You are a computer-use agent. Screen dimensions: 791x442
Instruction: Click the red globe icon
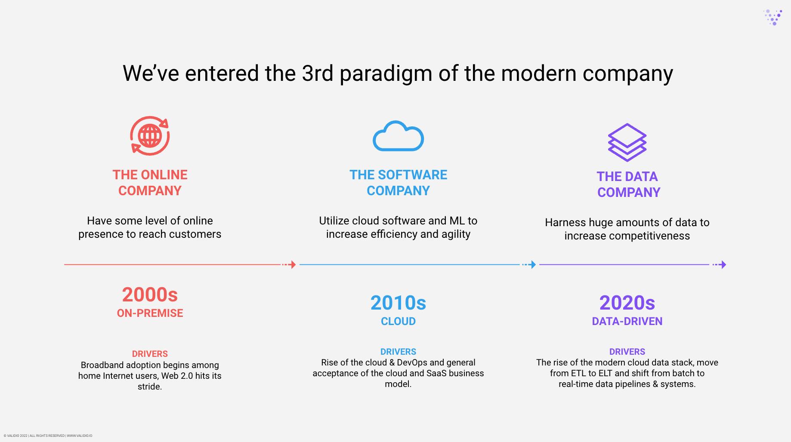click(x=150, y=136)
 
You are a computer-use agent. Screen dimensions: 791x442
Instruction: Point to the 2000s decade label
click(x=150, y=295)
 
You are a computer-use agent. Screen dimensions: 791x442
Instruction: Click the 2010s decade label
click(x=398, y=303)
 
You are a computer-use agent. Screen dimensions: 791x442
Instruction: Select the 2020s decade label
click(x=627, y=303)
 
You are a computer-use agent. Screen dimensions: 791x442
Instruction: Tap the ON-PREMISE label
click(x=150, y=313)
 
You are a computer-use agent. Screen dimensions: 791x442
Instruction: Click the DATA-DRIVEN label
click(x=627, y=321)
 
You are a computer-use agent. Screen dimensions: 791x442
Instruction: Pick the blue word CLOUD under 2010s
click(x=398, y=321)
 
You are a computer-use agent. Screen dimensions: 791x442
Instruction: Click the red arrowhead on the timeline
click(x=293, y=264)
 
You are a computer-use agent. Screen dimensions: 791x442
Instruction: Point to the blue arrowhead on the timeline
click(x=533, y=264)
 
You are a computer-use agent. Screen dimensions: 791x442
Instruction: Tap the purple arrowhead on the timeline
click(x=723, y=264)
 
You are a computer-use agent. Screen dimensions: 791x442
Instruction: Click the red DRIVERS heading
click(x=150, y=354)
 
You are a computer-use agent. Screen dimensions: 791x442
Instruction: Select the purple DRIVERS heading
click(x=627, y=352)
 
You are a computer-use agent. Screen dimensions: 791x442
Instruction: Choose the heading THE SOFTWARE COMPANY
click(x=398, y=183)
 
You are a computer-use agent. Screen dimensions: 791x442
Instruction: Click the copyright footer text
click(x=48, y=436)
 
